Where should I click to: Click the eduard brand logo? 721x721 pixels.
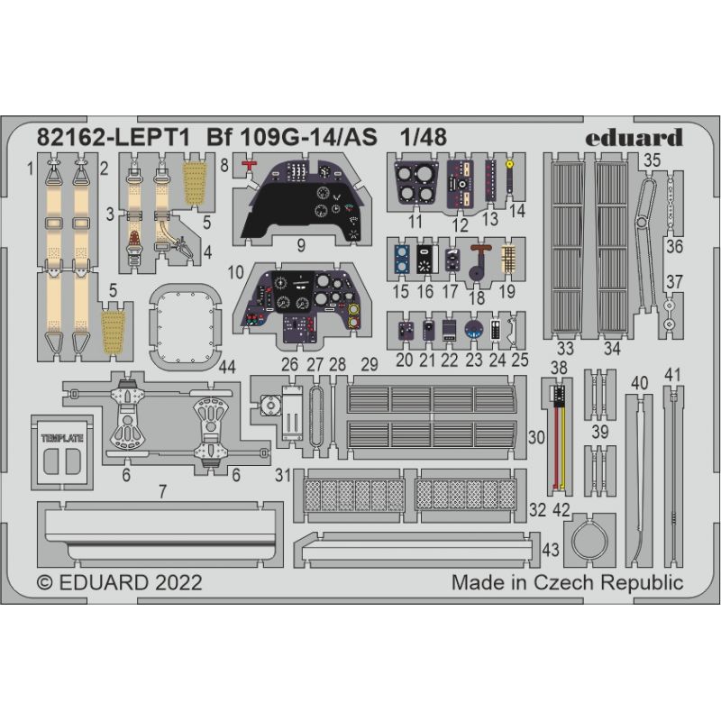coord(634,138)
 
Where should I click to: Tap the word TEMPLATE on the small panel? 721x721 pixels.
coord(62,438)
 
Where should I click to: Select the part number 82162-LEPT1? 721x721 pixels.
coord(113,138)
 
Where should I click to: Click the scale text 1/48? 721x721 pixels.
coord(423,138)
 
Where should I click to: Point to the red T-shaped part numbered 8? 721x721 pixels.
coord(250,166)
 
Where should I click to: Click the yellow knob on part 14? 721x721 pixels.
coord(509,164)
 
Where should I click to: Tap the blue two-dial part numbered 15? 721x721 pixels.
coord(402,260)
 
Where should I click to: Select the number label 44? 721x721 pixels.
coord(227,367)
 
